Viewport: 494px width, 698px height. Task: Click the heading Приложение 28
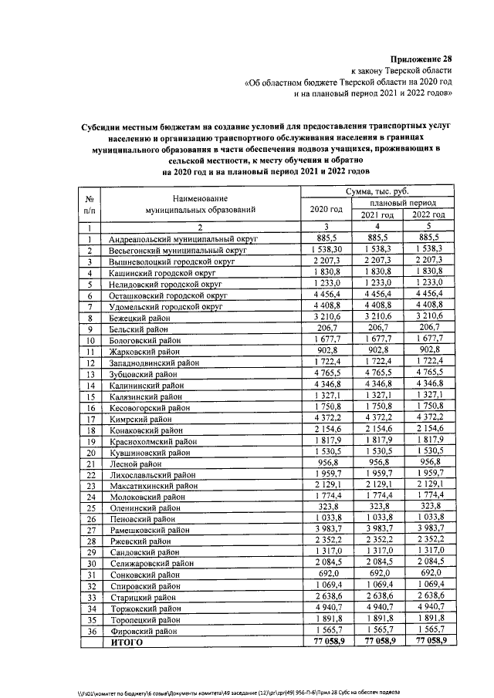[421, 59]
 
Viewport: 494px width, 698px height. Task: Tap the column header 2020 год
[326, 209]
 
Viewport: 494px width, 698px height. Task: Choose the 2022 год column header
[429, 215]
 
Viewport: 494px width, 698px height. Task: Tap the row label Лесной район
[134, 464]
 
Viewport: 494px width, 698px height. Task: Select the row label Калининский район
[146, 385]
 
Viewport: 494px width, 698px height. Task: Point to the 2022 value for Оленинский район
[429, 509]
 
